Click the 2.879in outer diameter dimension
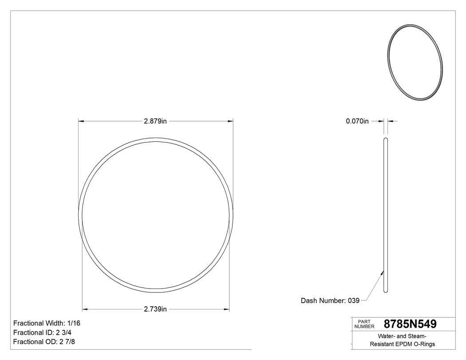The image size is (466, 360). click(155, 121)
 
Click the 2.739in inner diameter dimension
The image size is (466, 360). click(155, 309)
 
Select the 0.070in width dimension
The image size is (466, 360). click(357, 121)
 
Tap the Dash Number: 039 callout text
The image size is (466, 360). click(330, 301)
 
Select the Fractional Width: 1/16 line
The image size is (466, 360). click(47, 323)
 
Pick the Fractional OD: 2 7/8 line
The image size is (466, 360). click(44, 342)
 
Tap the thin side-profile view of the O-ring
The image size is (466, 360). click(386, 215)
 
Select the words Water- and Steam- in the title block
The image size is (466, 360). click(403, 336)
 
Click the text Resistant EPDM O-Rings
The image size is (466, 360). click(403, 344)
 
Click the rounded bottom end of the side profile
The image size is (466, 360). click(386, 291)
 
